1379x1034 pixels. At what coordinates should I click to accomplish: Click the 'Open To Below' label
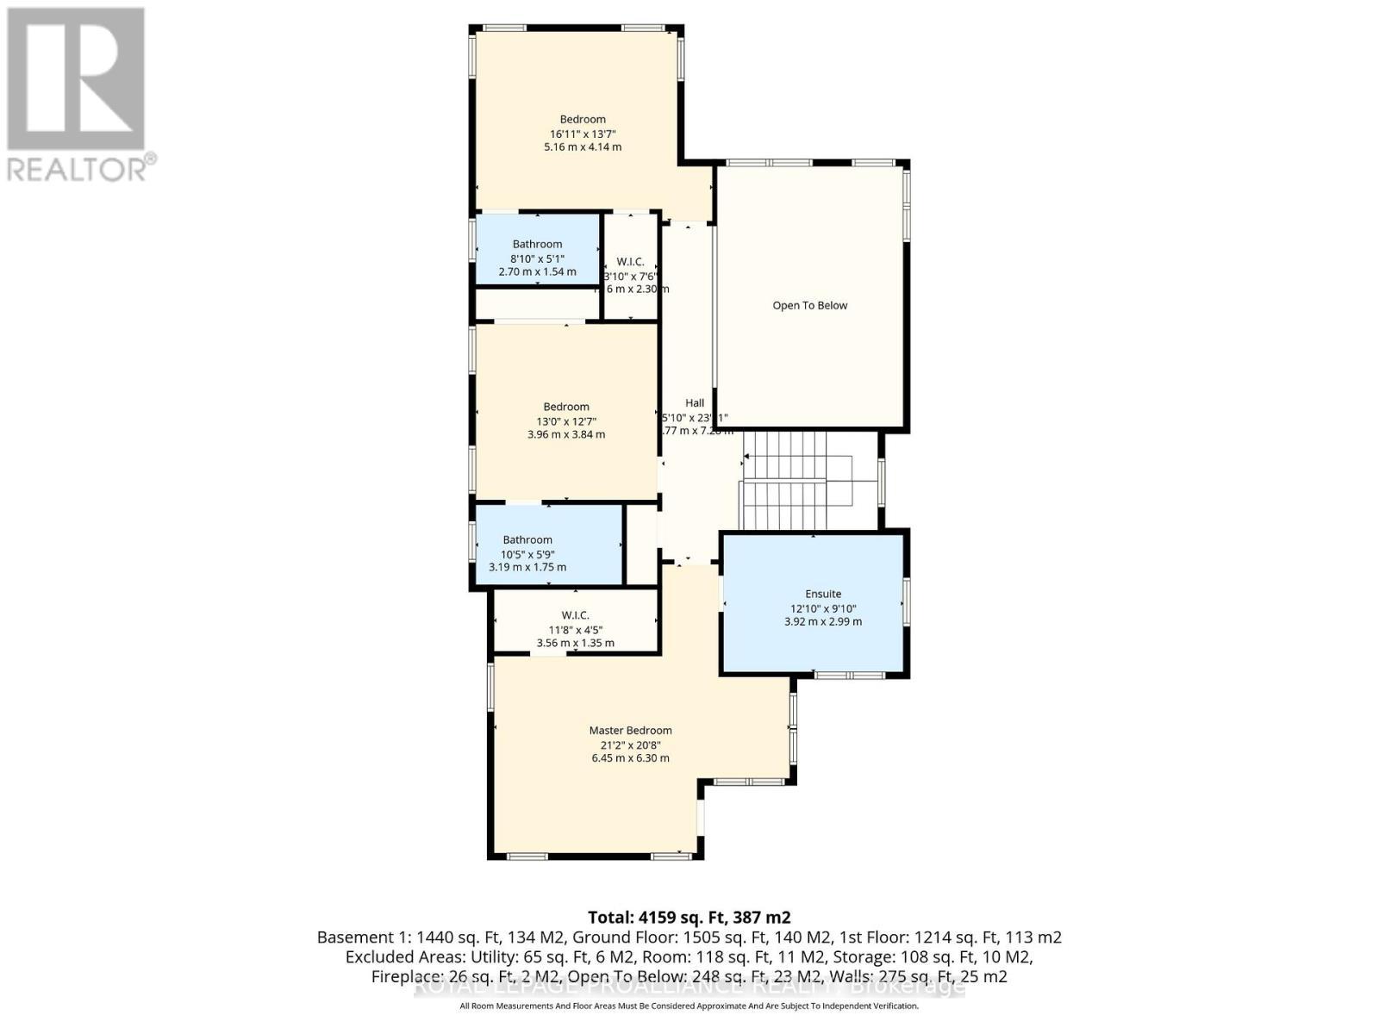click(809, 305)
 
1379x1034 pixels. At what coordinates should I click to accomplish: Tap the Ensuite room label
click(823, 594)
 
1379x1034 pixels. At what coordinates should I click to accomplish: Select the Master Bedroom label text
click(630, 730)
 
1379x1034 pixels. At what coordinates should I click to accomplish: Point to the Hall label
click(695, 402)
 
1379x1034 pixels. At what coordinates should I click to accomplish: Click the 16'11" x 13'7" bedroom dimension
click(583, 134)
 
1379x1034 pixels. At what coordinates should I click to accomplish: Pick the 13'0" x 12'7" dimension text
click(566, 421)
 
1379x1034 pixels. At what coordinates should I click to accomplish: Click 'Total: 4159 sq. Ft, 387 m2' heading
click(689, 917)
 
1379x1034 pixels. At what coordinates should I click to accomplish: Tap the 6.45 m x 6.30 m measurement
click(630, 758)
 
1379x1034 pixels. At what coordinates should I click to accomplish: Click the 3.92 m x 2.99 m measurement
click(823, 621)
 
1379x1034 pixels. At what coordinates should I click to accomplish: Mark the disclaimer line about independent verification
click(689, 1006)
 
